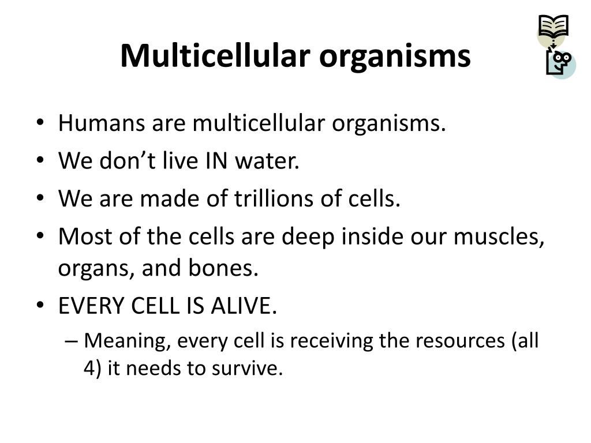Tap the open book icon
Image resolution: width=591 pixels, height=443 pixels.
[553, 26]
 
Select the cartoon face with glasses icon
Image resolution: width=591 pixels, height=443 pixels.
[560, 62]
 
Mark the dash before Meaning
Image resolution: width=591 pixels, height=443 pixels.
[72, 341]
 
